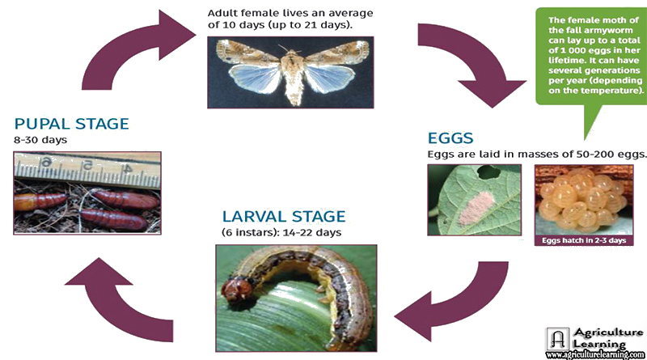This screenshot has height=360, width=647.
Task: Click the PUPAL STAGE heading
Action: click(x=72, y=124)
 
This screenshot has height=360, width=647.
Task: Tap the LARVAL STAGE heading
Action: click(x=284, y=216)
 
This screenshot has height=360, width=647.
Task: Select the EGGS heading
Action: click(x=450, y=138)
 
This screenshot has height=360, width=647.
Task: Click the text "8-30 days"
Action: click(x=40, y=140)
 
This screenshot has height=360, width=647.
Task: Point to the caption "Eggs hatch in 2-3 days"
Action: click(x=584, y=240)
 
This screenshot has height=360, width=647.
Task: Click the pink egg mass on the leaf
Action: click(x=476, y=209)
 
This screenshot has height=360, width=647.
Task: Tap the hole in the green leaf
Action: click(x=489, y=172)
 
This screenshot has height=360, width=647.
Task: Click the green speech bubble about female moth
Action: click(x=591, y=57)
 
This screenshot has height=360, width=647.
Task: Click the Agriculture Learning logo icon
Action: click(x=558, y=339)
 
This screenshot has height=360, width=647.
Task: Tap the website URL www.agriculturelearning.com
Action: click(x=595, y=354)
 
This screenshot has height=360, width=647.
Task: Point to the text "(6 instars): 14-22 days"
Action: click(x=281, y=232)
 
